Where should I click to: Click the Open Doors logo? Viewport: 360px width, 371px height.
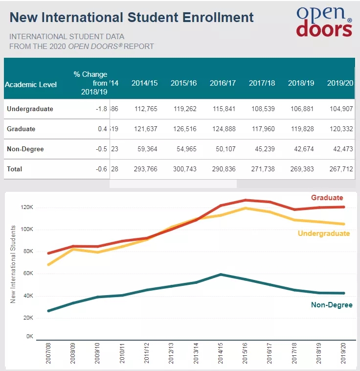[324, 22]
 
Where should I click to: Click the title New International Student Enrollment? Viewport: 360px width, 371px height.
[132, 17]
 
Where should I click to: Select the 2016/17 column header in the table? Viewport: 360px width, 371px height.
[223, 83]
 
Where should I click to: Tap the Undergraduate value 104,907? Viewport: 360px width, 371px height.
[340, 109]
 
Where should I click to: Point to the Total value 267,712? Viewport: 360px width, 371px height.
[340, 169]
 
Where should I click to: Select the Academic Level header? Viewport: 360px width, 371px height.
[31, 84]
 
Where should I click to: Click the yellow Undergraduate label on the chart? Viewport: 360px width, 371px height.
[324, 233]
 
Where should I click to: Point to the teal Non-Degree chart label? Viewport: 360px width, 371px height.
[332, 305]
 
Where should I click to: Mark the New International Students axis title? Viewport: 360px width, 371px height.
[13, 264]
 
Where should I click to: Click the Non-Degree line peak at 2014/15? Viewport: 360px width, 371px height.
[221, 274]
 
